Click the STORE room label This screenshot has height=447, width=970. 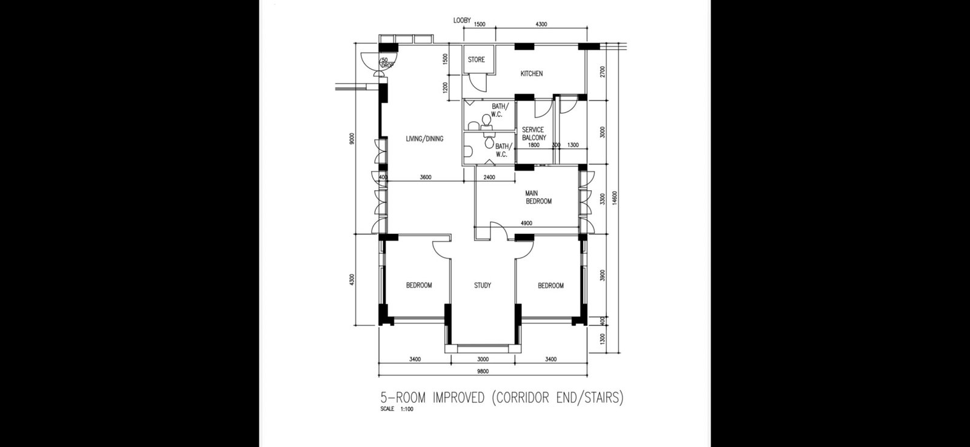coord(477,60)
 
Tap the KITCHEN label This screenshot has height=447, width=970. coord(531,73)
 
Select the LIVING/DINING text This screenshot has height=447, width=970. coord(424,139)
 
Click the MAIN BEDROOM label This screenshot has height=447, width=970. coord(538,197)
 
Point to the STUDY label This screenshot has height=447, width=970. coord(483,286)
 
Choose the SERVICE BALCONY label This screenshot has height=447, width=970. coord(533,134)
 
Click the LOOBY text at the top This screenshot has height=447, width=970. coord(462,21)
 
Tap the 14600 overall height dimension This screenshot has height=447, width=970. coord(615,197)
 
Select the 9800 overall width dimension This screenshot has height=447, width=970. coord(483,371)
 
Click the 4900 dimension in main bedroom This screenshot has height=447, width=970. coord(526,223)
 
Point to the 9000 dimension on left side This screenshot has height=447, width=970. coord(352,139)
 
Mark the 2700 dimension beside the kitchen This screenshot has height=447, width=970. coord(603,72)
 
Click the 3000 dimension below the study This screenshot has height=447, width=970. coord(483,359)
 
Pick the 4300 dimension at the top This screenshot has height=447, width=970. coord(541,24)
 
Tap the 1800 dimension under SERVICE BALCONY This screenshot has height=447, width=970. coord(533,145)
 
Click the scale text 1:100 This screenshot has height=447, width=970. coord(407,409)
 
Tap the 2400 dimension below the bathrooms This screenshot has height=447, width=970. coord(489,177)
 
